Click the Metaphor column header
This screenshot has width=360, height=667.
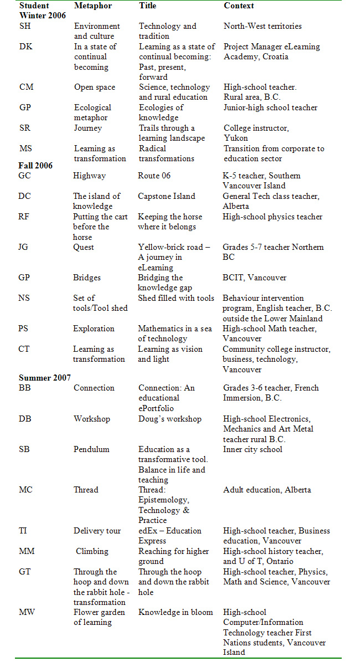point(92,6)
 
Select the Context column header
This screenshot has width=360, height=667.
point(239,6)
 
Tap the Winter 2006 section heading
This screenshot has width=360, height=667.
point(43,16)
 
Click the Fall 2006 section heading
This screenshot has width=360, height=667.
point(36,166)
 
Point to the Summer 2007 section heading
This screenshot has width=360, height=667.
point(44,378)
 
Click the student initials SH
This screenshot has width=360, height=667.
point(25,26)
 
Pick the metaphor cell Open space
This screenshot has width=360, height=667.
point(95,87)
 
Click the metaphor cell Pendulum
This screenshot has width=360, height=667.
point(91,449)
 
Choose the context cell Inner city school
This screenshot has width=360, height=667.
point(253,449)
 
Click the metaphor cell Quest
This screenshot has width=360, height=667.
point(84,247)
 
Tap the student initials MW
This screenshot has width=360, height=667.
point(27,612)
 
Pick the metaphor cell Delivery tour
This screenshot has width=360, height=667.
point(97,531)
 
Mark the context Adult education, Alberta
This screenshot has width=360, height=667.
point(267,490)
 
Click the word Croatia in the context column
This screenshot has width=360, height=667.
point(275,57)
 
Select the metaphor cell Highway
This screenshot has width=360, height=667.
point(89,176)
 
